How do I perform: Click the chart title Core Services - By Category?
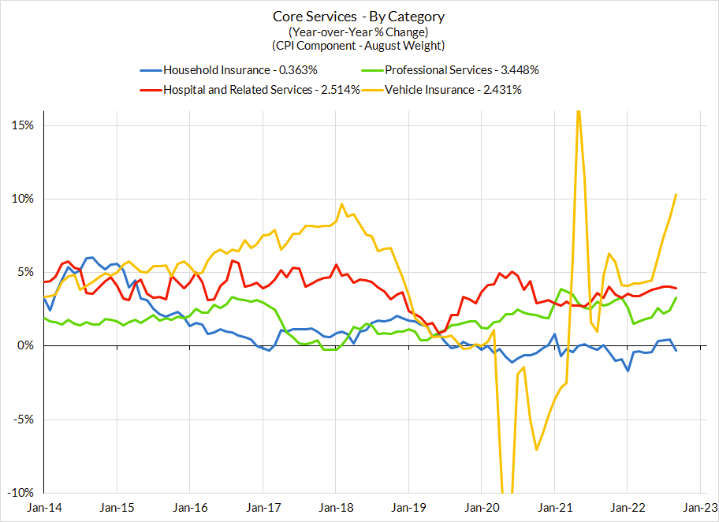pos(359,17)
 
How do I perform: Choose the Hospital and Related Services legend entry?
pos(261,89)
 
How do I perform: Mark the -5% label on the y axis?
pos(23,419)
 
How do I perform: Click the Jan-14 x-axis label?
pos(44,508)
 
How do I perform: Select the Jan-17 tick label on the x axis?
pos(263,508)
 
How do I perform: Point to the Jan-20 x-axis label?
pos(481,508)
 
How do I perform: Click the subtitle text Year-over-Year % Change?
pos(359,32)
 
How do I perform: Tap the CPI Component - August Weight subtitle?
pos(359,46)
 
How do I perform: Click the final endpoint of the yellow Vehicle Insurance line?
pos(676,195)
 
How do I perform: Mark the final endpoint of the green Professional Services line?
pos(676,297)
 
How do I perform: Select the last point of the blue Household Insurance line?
pos(676,350)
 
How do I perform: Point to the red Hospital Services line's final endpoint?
pos(676,288)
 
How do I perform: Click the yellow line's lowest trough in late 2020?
pos(537,449)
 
